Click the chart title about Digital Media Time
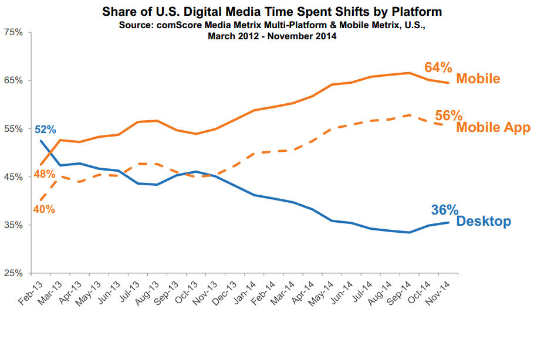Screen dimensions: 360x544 [272, 12]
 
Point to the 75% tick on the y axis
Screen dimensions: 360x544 [13, 32]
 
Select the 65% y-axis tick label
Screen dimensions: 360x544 [13, 80]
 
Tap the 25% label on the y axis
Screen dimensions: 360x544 [13, 273]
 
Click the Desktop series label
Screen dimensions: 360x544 [483, 222]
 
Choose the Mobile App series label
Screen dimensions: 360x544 [493, 127]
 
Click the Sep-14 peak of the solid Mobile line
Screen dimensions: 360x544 [409, 73]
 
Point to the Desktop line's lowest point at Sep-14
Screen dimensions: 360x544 [409, 232]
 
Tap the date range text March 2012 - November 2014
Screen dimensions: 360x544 [272, 36]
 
